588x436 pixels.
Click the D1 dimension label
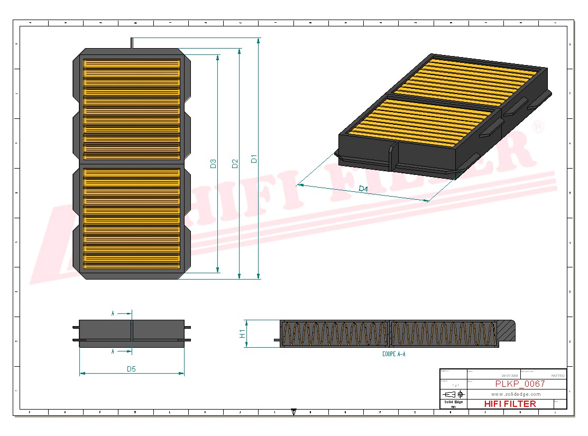pos(254,158)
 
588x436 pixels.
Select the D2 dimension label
pos(235,164)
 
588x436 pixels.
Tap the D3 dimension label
pos(213,164)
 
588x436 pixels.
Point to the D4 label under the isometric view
pos(363,189)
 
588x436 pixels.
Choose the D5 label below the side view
pos(131,369)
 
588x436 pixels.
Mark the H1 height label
pos(242,333)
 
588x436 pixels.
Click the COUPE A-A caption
pos(393,354)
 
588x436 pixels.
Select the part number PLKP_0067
pos(520,384)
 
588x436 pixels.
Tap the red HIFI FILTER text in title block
pos(510,404)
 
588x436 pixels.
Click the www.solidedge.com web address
pos(516,394)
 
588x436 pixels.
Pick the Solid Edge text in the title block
pos(453,402)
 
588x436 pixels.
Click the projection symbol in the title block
pos(453,394)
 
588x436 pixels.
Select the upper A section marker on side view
pos(113,313)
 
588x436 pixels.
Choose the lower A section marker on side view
pos(113,351)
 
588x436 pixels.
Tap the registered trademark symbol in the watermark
pos(537,127)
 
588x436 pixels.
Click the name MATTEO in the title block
pos(557,375)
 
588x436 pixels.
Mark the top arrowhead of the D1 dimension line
pos(258,40)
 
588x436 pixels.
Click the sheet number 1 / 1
pos(453,385)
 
